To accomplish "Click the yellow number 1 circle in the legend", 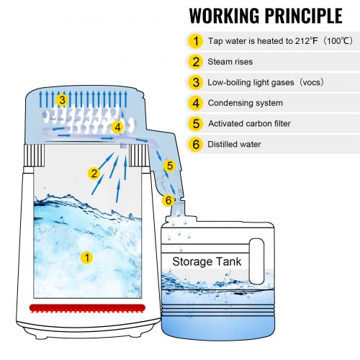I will coord(197,41).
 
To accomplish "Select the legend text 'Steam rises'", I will coord(231,62).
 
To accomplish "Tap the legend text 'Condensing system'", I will coord(246,103).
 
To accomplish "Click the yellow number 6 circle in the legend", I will coord(197,144).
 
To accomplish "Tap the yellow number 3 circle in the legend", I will coord(197,82).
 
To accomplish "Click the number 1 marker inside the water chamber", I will coord(86,256).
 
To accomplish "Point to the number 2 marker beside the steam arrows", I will coord(94,173).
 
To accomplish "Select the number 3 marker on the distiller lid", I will coord(63,100).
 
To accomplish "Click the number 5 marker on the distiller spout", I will coord(169,166).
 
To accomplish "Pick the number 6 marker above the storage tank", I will coord(167,199).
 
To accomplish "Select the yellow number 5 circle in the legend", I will coord(197,123).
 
